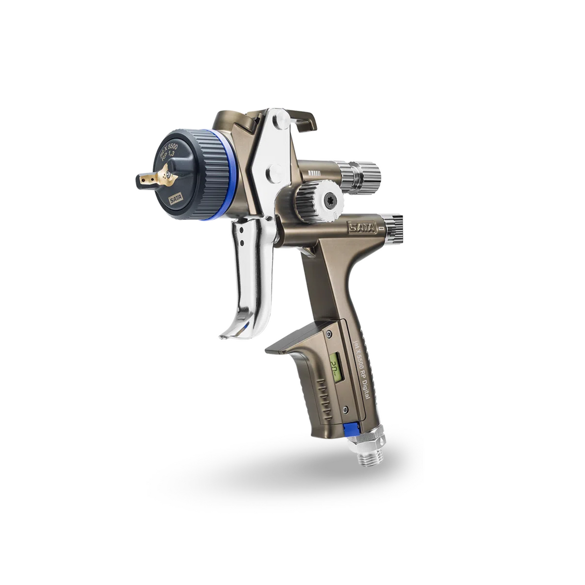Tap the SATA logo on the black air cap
coord(175,199)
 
